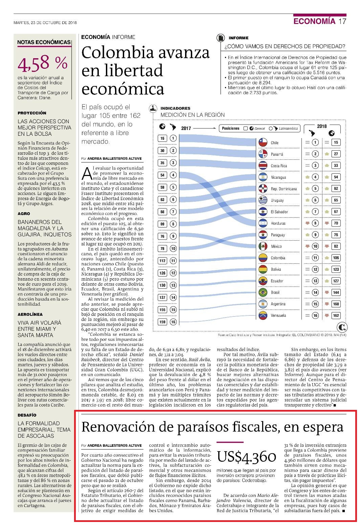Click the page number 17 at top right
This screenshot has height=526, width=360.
pyautogui.click(x=342, y=21)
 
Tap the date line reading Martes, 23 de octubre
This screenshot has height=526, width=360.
pyautogui.click(x=45, y=23)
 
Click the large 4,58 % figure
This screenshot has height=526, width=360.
pyautogui.click(x=43, y=63)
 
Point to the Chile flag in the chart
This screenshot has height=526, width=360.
pyautogui.click(x=263, y=143)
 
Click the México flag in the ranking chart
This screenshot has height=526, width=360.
pyautogui.click(x=263, y=246)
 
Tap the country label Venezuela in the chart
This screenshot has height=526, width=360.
pyautogui.click(x=278, y=315)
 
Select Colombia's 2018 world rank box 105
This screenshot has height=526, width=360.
pyautogui.click(x=336, y=258)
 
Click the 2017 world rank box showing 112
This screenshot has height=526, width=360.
pyautogui.click(x=162, y=261)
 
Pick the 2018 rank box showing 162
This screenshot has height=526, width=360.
pyautogui.click(x=336, y=315)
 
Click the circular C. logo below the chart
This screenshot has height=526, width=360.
pyautogui.click(x=342, y=327)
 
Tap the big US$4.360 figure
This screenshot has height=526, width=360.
pyautogui.click(x=246, y=457)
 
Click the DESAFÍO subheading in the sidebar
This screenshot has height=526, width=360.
pyautogui.click(x=27, y=415)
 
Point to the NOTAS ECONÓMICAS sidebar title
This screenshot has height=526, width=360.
pyautogui.click(x=44, y=42)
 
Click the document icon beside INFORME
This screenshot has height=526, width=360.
pyautogui.click(x=220, y=38)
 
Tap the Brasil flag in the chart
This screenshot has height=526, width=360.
pyautogui.click(x=263, y=292)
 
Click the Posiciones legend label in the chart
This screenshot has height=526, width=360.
pyautogui.click(x=231, y=128)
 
